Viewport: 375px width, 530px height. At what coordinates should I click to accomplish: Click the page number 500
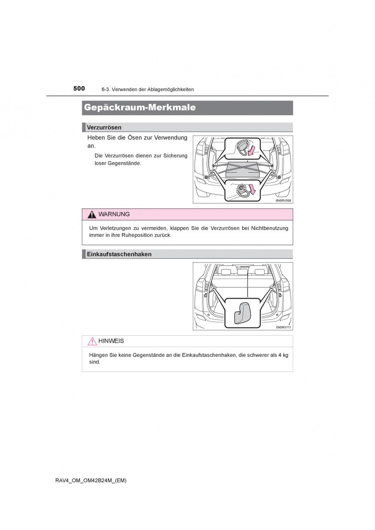click(79, 88)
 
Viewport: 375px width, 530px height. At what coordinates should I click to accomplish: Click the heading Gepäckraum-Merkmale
click(140, 107)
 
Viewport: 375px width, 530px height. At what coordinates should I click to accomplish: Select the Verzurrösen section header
click(104, 127)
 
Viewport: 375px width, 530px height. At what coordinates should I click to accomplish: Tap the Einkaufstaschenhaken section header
click(119, 254)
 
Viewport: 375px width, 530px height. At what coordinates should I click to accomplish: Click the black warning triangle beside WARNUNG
click(92, 215)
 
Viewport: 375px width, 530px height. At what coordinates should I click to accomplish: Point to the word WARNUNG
click(114, 214)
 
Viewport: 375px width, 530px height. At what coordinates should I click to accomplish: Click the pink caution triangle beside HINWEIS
click(92, 341)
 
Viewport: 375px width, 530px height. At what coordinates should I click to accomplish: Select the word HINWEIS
click(111, 341)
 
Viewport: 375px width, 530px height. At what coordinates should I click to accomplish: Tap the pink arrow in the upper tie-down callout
click(252, 151)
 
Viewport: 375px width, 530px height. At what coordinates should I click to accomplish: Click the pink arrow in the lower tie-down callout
click(253, 190)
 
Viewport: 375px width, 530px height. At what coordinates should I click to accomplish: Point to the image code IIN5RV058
click(284, 201)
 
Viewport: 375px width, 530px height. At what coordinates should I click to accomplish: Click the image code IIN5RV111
click(284, 327)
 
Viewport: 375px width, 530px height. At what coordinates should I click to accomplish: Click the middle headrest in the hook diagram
click(242, 271)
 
